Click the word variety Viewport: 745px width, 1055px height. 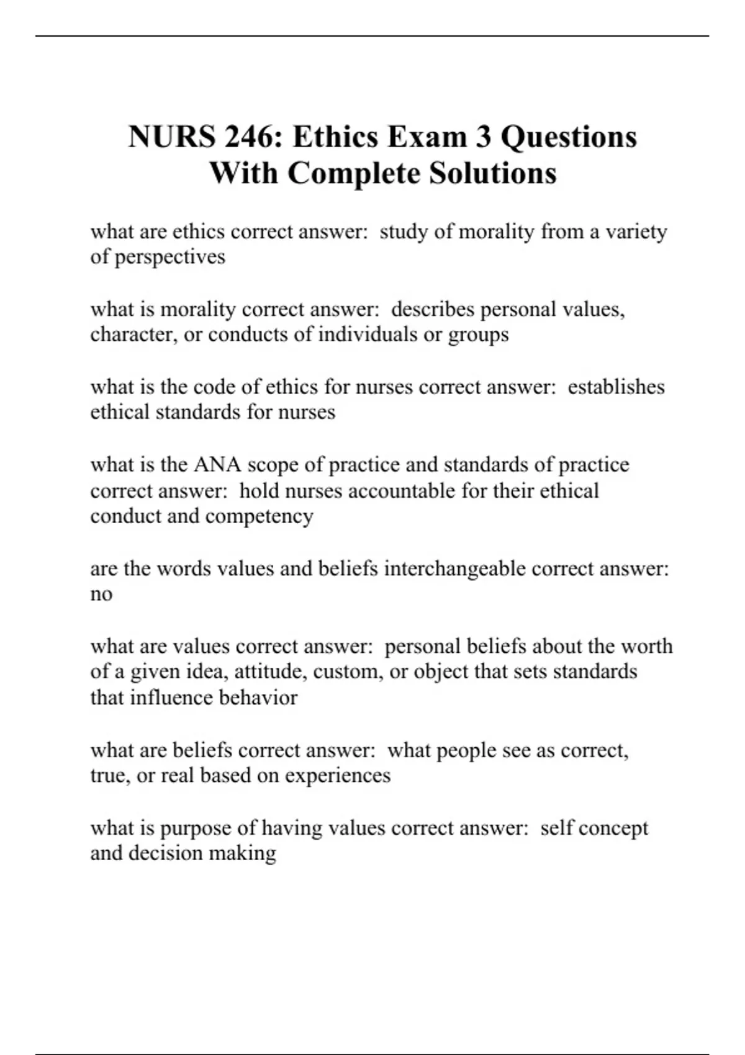coord(636,232)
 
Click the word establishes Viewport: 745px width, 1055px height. coord(616,387)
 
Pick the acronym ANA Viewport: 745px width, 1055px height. coord(217,465)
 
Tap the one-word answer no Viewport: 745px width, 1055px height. coord(101,595)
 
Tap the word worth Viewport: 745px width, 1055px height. coord(646,646)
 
